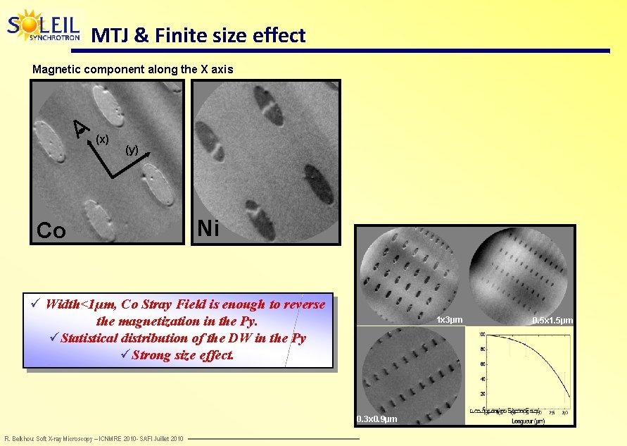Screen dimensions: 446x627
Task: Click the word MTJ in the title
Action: [110, 35]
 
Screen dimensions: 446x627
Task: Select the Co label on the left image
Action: [51, 230]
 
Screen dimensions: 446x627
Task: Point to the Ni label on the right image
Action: [208, 228]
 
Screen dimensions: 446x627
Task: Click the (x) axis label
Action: [102, 140]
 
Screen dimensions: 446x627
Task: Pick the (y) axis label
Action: [132, 149]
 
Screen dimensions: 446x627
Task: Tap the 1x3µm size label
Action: [450, 320]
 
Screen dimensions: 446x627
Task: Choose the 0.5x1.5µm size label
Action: [552, 321]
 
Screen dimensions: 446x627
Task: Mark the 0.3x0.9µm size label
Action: [376, 420]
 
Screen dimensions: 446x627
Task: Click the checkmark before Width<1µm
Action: [36, 304]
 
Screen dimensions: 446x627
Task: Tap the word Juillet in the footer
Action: [168, 439]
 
